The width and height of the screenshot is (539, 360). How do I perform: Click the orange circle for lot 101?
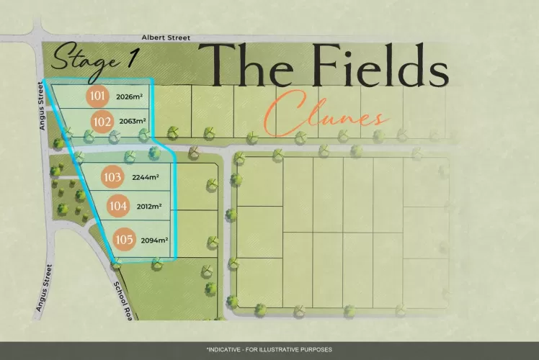(97, 96)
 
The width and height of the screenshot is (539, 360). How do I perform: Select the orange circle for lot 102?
(102, 121)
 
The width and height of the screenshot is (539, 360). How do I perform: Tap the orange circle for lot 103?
(112, 176)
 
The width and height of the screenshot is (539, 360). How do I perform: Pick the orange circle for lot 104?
(117, 206)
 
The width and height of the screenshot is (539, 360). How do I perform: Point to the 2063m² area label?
(133, 122)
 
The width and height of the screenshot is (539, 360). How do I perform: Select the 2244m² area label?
(145, 177)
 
